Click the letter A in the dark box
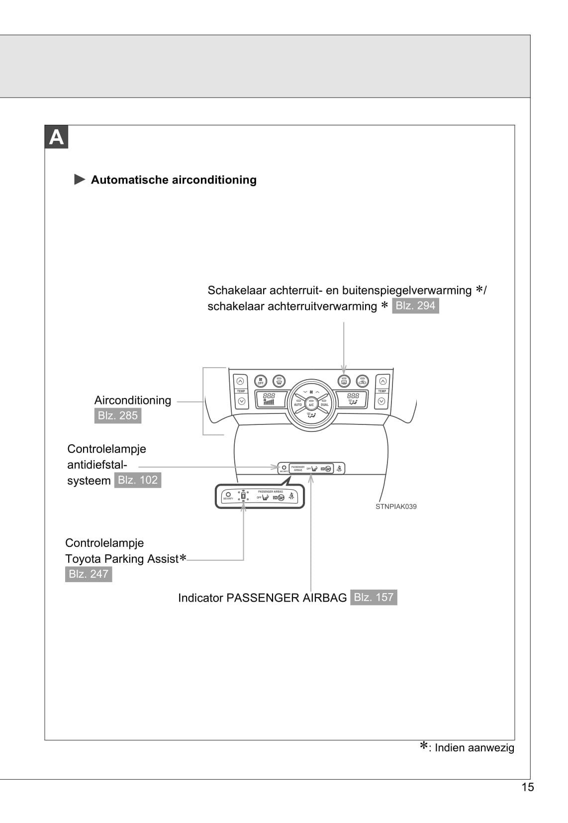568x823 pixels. [56, 137]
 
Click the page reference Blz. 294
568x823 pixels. [415, 306]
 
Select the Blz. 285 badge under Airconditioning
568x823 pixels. [118, 415]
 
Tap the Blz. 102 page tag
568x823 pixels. [138, 480]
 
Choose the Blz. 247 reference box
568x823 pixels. [89, 574]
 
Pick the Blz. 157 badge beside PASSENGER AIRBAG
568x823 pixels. [374, 597]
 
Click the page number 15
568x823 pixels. [527, 787]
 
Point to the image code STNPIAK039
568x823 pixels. [396, 507]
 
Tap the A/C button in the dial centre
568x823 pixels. [311, 404]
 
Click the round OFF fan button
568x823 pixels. [261, 381]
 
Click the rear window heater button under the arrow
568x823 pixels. [344, 381]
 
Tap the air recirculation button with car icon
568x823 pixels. [363, 381]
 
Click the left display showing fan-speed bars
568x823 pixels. [270, 399]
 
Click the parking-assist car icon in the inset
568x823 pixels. [243, 495]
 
